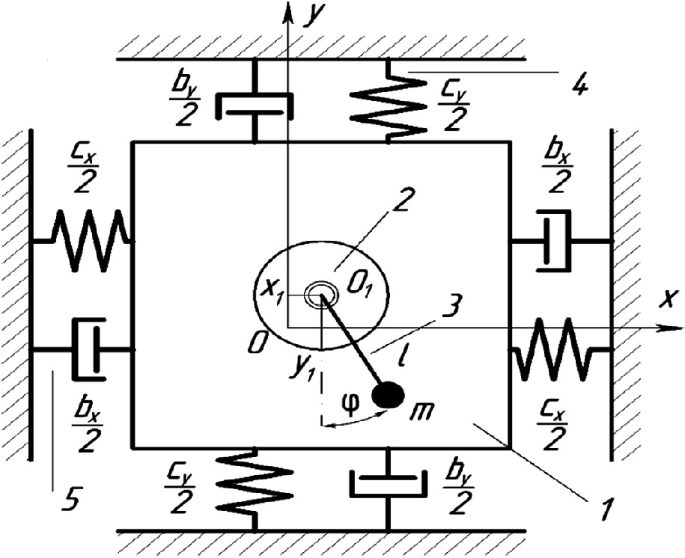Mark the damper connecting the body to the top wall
pyautogui.click(x=255, y=104)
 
